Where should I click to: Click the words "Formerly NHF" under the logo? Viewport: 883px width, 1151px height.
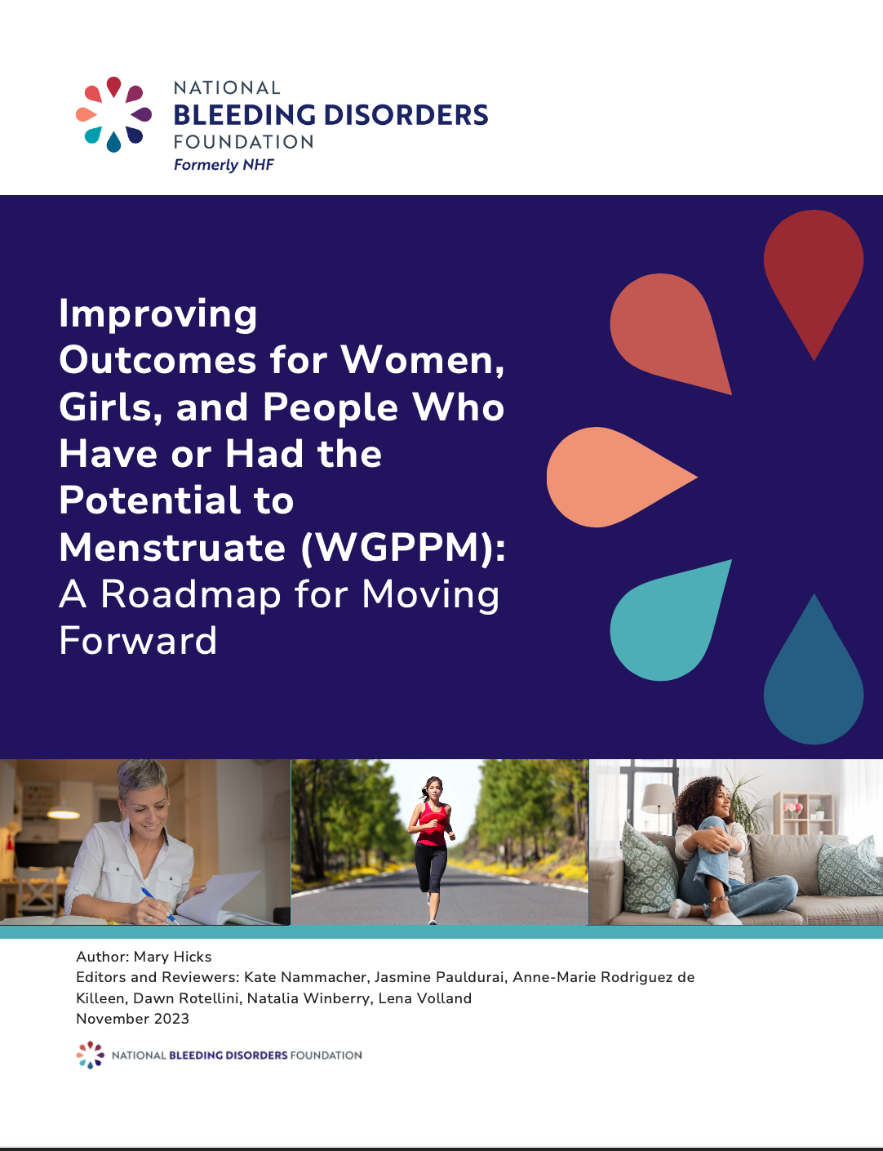point(224,165)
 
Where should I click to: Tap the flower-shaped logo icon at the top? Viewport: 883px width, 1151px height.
point(113,114)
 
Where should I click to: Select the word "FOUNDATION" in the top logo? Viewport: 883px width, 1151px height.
point(243,142)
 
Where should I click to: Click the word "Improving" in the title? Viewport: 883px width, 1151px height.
point(158,314)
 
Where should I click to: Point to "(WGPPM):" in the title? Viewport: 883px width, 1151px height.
point(403,548)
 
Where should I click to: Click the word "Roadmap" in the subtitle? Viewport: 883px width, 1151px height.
point(191,593)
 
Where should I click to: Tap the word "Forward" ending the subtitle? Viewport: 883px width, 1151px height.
point(138,640)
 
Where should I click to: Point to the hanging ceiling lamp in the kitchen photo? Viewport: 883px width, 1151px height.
point(63,812)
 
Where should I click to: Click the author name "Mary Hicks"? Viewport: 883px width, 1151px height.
point(172,957)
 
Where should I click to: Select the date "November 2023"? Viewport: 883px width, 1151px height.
point(132,1019)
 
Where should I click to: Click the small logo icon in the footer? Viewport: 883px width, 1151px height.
point(90,1055)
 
